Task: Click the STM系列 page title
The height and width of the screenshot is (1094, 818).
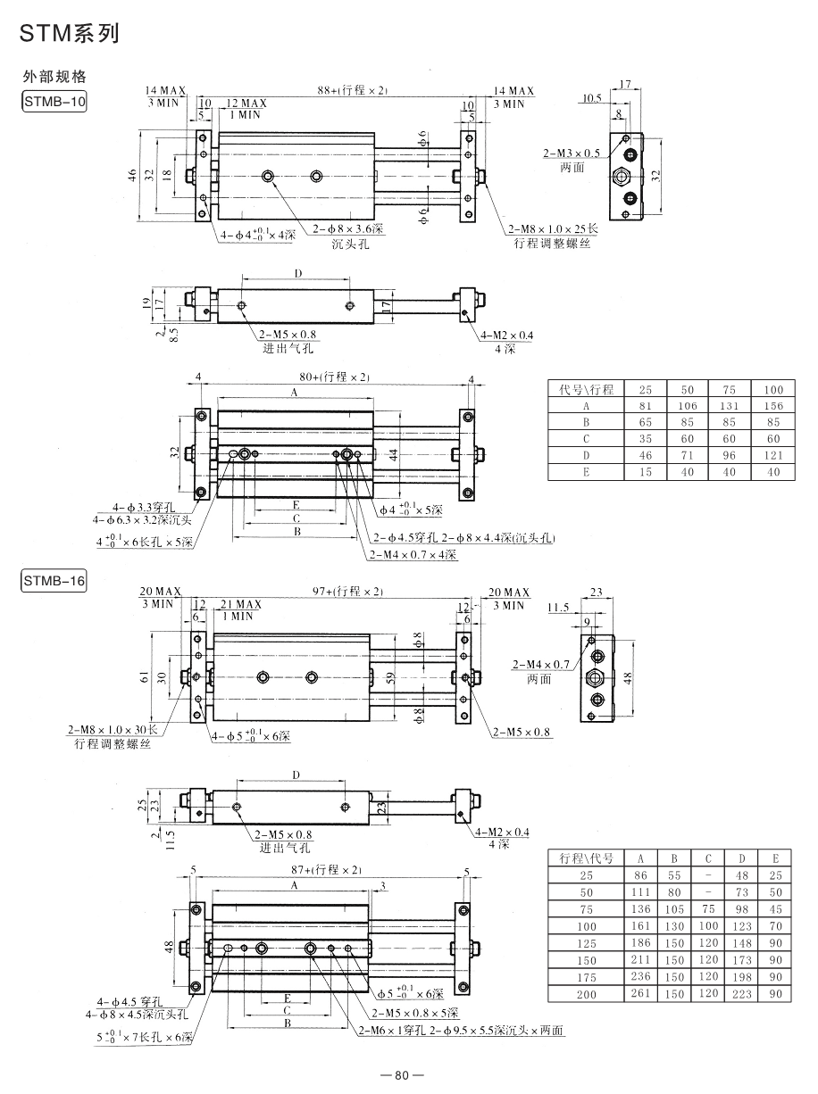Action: point(70,33)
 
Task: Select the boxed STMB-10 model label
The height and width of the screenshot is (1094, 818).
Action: point(54,102)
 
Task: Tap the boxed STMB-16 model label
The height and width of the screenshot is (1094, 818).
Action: point(54,581)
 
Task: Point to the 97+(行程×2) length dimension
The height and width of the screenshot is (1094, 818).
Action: point(347,591)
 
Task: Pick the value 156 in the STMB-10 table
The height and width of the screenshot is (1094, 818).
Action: point(773,406)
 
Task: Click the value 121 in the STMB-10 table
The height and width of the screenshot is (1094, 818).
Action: point(773,455)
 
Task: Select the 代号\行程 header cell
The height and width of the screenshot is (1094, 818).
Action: point(586,389)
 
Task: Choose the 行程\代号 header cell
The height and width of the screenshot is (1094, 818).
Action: point(586,858)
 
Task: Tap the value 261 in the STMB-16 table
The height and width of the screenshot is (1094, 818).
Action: point(640,993)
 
